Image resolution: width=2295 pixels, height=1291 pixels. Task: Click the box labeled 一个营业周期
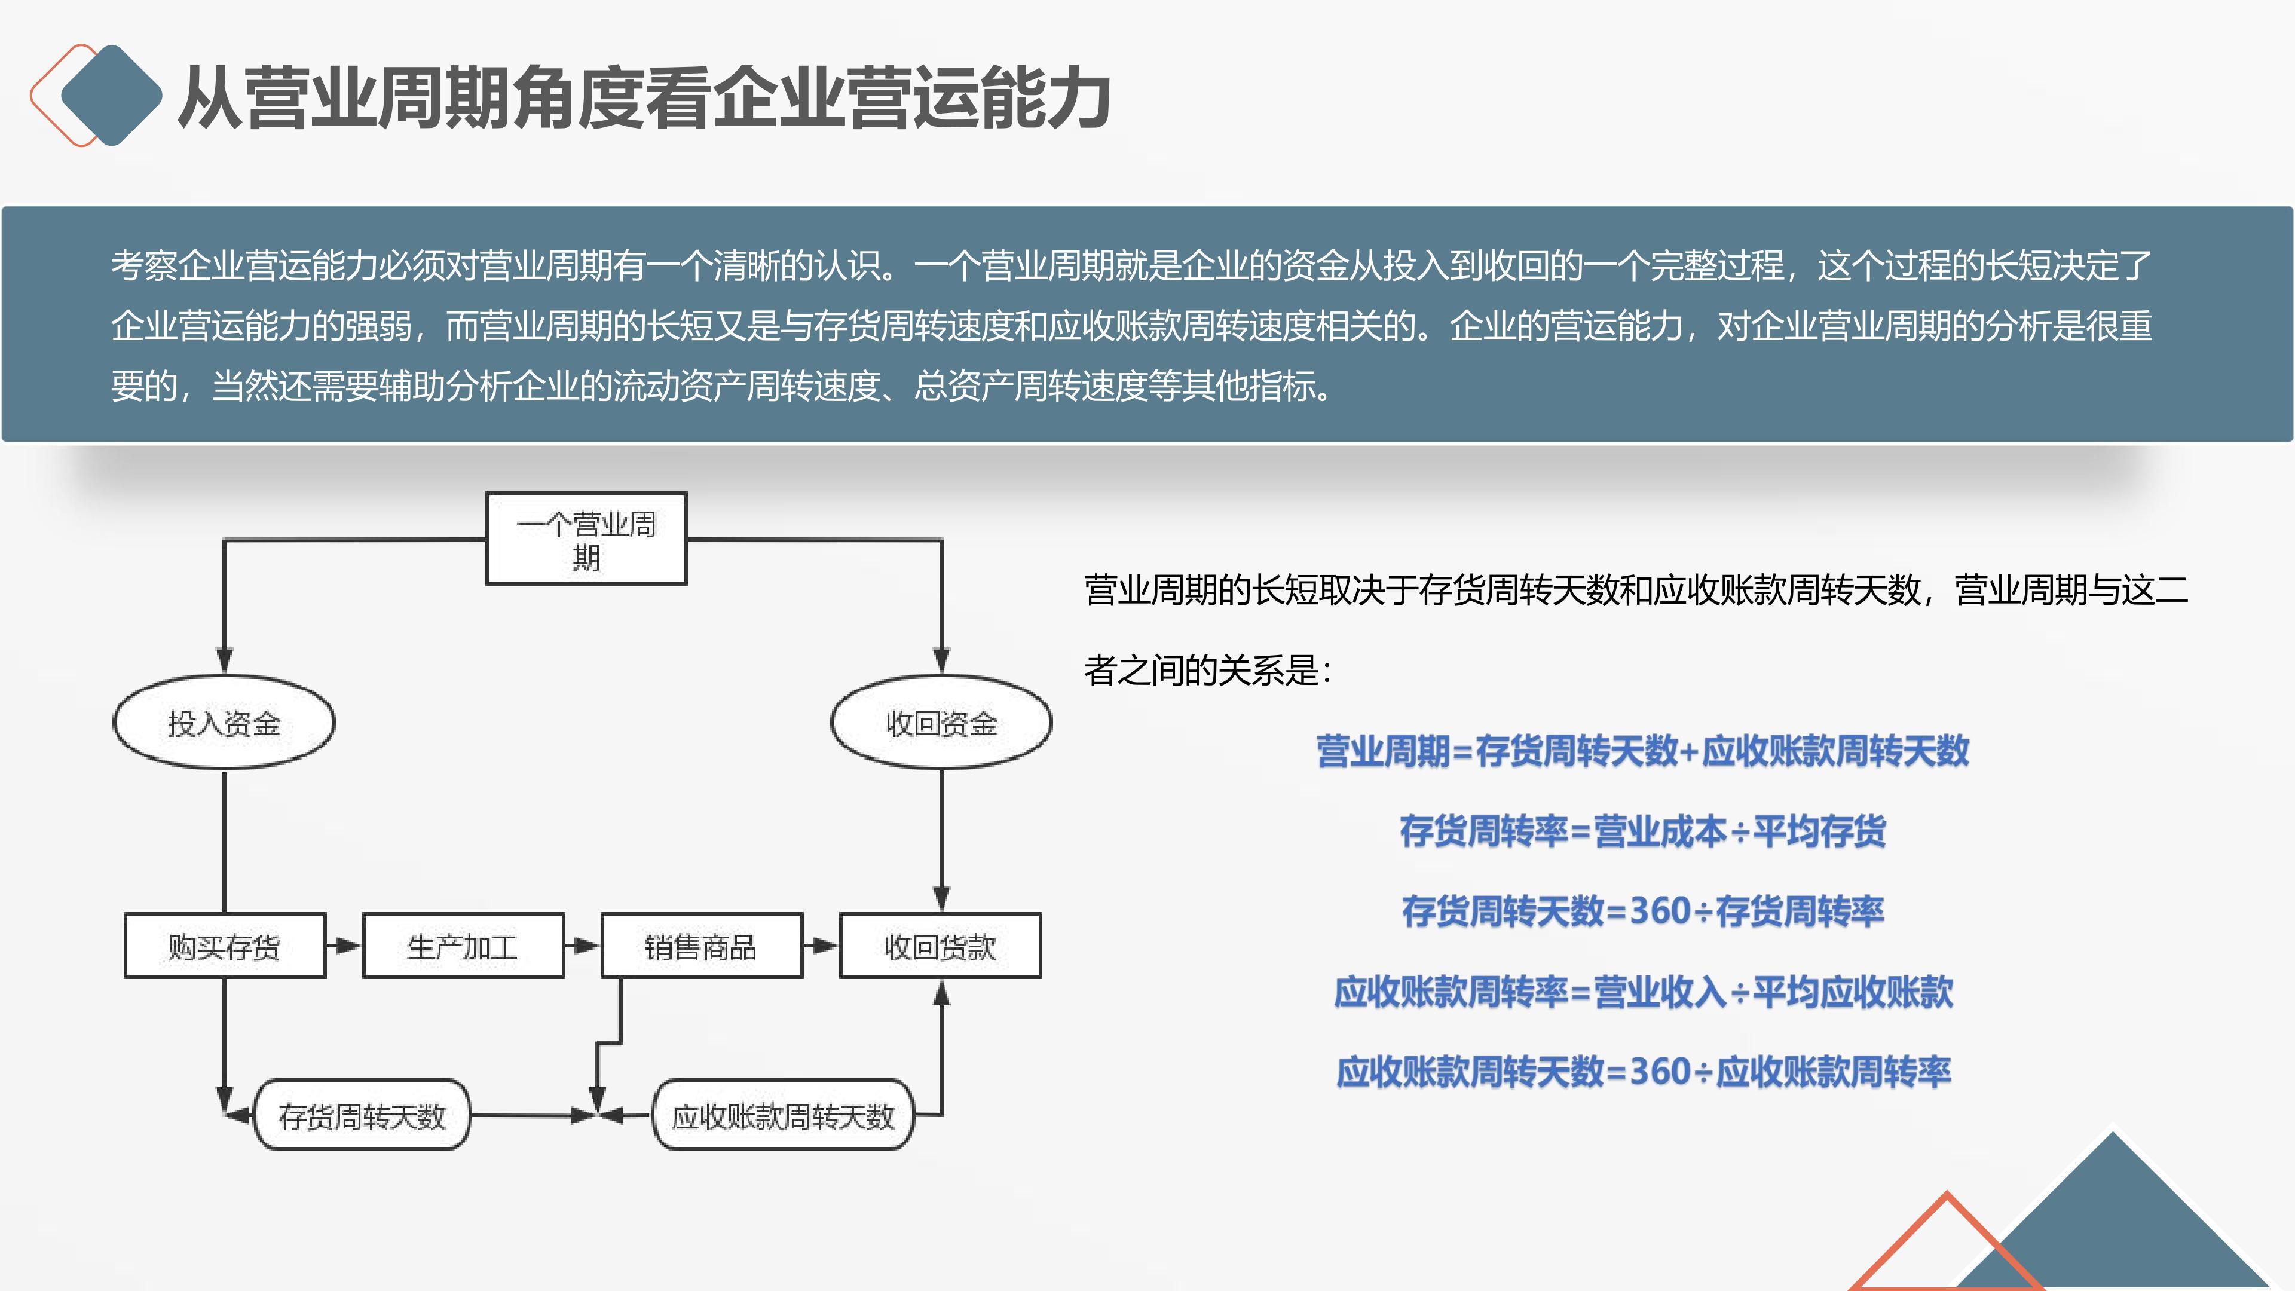coord(586,539)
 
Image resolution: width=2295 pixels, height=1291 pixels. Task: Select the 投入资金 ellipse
coord(224,723)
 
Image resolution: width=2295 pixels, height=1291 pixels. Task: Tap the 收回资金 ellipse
coord(941,723)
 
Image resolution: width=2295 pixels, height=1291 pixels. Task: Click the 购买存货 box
coord(225,946)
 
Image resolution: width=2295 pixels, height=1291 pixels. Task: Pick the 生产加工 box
coord(463,946)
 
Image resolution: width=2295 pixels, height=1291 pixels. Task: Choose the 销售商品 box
coord(701,946)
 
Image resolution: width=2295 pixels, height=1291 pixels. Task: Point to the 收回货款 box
coord(940,946)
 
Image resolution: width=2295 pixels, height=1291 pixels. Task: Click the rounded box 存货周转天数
coord(362,1115)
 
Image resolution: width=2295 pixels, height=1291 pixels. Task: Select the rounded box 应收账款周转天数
coord(783,1115)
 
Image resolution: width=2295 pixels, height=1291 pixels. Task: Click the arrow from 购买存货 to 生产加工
coord(344,946)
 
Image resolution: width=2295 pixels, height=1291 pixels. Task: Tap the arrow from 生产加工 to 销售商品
coord(583,946)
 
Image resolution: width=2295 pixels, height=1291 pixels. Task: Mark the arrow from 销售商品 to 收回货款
coord(821,946)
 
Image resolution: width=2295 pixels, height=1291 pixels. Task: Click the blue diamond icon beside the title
coord(111,94)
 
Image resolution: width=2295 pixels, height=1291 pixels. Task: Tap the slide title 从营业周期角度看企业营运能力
coord(643,98)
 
